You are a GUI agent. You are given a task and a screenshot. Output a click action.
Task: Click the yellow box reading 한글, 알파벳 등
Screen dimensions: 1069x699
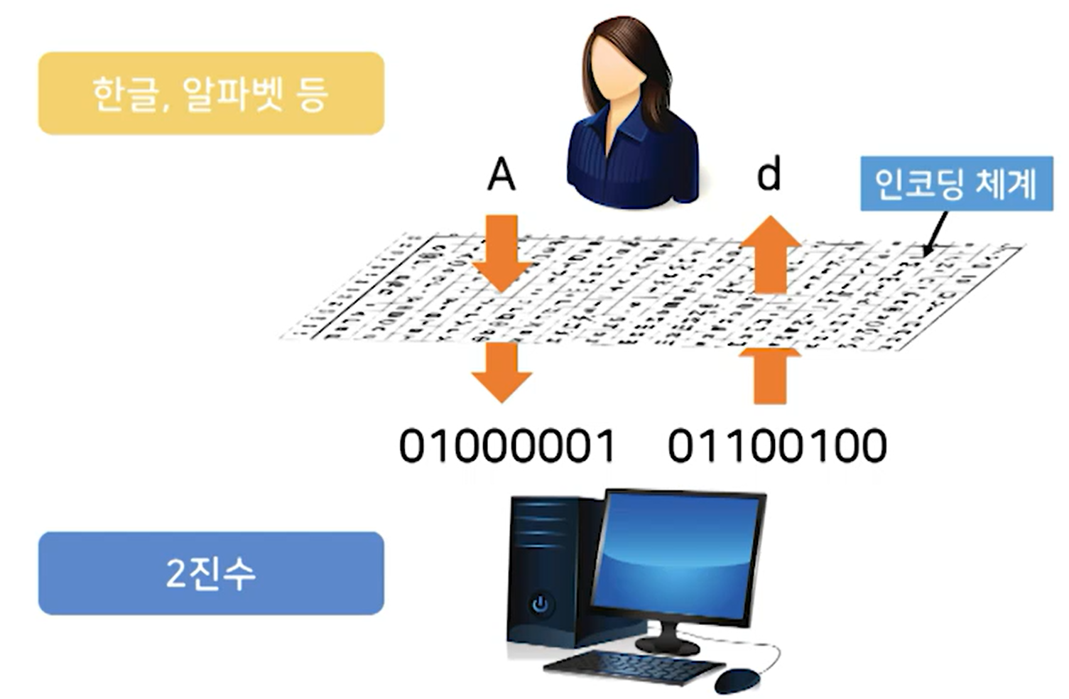(x=210, y=93)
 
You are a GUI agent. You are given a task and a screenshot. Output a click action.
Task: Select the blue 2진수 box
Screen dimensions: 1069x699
(x=210, y=573)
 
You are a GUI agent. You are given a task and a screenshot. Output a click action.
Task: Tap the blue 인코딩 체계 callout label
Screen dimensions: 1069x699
(x=956, y=183)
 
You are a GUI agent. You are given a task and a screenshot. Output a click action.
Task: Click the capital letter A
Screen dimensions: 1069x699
(x=501, y=175)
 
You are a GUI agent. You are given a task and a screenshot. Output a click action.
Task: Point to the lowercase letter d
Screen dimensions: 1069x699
(x=769, y=174)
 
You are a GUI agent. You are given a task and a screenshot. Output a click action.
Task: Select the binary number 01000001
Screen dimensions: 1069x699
(x=506, y=446)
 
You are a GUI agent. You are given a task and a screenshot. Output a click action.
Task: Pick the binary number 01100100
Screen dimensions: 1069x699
(x=777, y=446)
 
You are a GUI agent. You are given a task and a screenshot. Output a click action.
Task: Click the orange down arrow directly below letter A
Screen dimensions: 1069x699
(x=501, y=254)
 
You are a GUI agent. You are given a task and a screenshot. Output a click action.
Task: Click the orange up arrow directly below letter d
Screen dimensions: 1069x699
(x=770, y=254)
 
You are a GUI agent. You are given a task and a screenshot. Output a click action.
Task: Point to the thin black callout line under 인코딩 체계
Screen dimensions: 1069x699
(x=936, y=232)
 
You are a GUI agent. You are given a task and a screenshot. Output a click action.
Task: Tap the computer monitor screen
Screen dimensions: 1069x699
(x=675, y=554)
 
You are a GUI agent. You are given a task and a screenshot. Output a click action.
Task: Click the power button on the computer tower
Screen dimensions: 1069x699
(x=541, y=605)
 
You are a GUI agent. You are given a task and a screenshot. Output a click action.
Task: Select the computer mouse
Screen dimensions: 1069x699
(x=737, y=680)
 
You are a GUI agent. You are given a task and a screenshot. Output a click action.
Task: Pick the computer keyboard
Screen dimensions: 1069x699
(x=632, y=667)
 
